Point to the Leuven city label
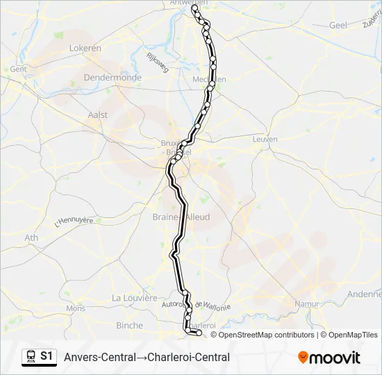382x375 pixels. pyautogui.click(x=265, y=139)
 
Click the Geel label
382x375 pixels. pyautogui.click(x=338, y=25)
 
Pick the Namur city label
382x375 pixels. pyautogui.click(x=306, y=304)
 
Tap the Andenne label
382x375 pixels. pyautogui.click(x=365, y=294)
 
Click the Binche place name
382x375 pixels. pyautogui.click(x=129, y=325)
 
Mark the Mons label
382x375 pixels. pyautogui.click(x=75, y=308)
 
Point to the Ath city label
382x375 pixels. pyautogui.click(x=32, y=237)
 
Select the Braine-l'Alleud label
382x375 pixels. pyautogui.click(x=181, y=217)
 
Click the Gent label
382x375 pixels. pyautogui.click(x=18, y=69)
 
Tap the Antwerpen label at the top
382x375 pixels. pyautogui.click(x=189, y=3)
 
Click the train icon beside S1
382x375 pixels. pyautogui.click(x=31, y=357)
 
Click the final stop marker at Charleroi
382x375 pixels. pyautogui.click(x=199, y=333)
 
